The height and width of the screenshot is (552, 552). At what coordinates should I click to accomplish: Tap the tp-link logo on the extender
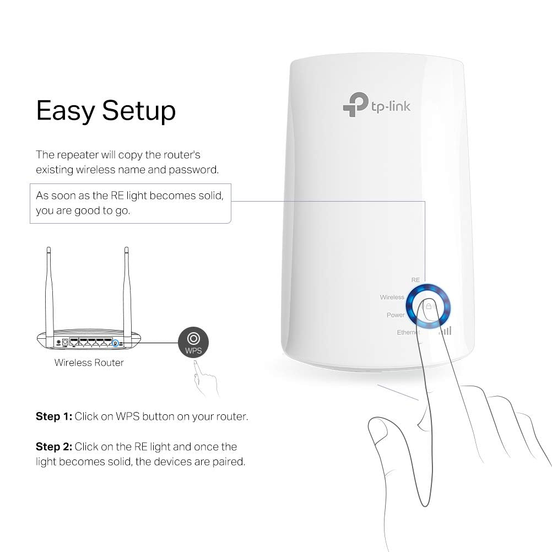tap(376, 104)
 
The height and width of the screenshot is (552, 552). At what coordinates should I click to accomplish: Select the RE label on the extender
tap(415, 280)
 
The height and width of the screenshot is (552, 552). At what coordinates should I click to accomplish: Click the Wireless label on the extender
tap(392, 297)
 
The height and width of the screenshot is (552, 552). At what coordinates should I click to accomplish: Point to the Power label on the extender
tap(396, 315)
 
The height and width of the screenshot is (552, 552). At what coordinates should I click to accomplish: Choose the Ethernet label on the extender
tap(408, 333)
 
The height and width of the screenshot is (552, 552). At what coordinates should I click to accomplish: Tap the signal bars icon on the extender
tap(445, 330)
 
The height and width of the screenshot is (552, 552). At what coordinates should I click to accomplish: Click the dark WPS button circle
tap(193, 342)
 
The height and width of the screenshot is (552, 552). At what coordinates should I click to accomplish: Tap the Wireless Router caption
tap(89, 362)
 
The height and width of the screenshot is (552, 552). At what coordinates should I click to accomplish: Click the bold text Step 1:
tap(53, 416)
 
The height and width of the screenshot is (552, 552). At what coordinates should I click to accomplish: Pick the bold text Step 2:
tap(53, 446)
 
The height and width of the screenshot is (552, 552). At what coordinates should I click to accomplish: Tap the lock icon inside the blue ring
tap(428, 305)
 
